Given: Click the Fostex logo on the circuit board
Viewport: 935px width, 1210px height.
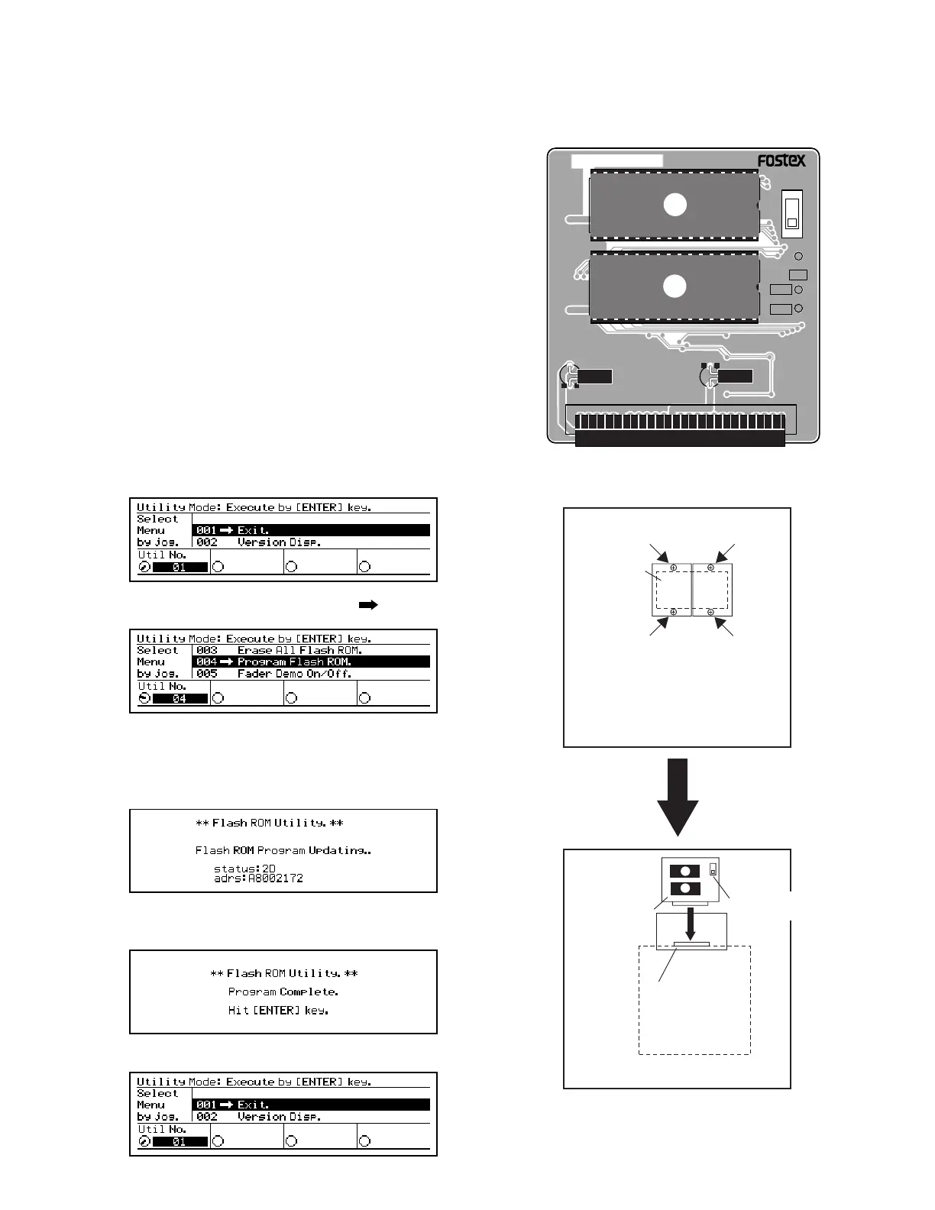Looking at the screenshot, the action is pyautogui.click(x=781, y=160).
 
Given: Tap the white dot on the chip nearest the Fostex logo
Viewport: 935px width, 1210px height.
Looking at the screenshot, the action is pyautogui.click(x=675, y=205).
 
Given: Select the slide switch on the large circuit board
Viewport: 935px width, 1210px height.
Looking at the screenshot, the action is pyautogui.click(x=792, y=213).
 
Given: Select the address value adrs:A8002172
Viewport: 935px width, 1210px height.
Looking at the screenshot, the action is pyautogui.click(x=258, y=878).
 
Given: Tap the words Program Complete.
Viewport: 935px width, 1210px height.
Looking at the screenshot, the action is pyautogui.click(x=283, y=992).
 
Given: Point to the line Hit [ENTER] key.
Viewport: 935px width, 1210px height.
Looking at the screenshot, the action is pyautogui.click(x=278, y=1010).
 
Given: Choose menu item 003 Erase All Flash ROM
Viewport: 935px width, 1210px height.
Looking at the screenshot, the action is pyautogui.click(x=279, y=650).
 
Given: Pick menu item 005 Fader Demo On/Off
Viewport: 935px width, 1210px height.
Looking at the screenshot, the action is pyautogui.click(x=274, y=674).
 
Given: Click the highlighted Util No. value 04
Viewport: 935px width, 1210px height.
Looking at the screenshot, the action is pyautogui.click(x=180, y=698).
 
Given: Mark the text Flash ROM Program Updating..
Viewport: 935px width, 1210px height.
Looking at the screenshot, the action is pyautogui.click(x=283, y=850).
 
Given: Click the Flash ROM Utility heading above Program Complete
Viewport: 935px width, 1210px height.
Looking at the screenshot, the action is pyautogui.click(x=283, y=973).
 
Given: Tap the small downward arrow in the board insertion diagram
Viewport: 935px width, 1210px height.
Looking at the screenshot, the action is pyautogui.click(x=691, y=924).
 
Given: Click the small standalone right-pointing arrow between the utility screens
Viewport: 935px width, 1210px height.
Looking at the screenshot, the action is pyautogui.click(x=368, y=605).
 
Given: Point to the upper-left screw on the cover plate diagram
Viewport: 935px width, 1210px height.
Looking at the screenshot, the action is pyautogui.click(x=674, y=568).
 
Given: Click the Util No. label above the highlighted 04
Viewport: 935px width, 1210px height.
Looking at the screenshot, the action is pyautogui.click(x=162, y=686).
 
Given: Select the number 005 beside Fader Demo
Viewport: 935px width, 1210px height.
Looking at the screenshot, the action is pyautogui.click(x=207, y=674).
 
